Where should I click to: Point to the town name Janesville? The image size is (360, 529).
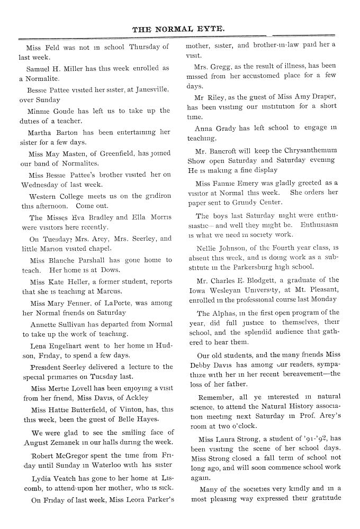pos(152,89)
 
